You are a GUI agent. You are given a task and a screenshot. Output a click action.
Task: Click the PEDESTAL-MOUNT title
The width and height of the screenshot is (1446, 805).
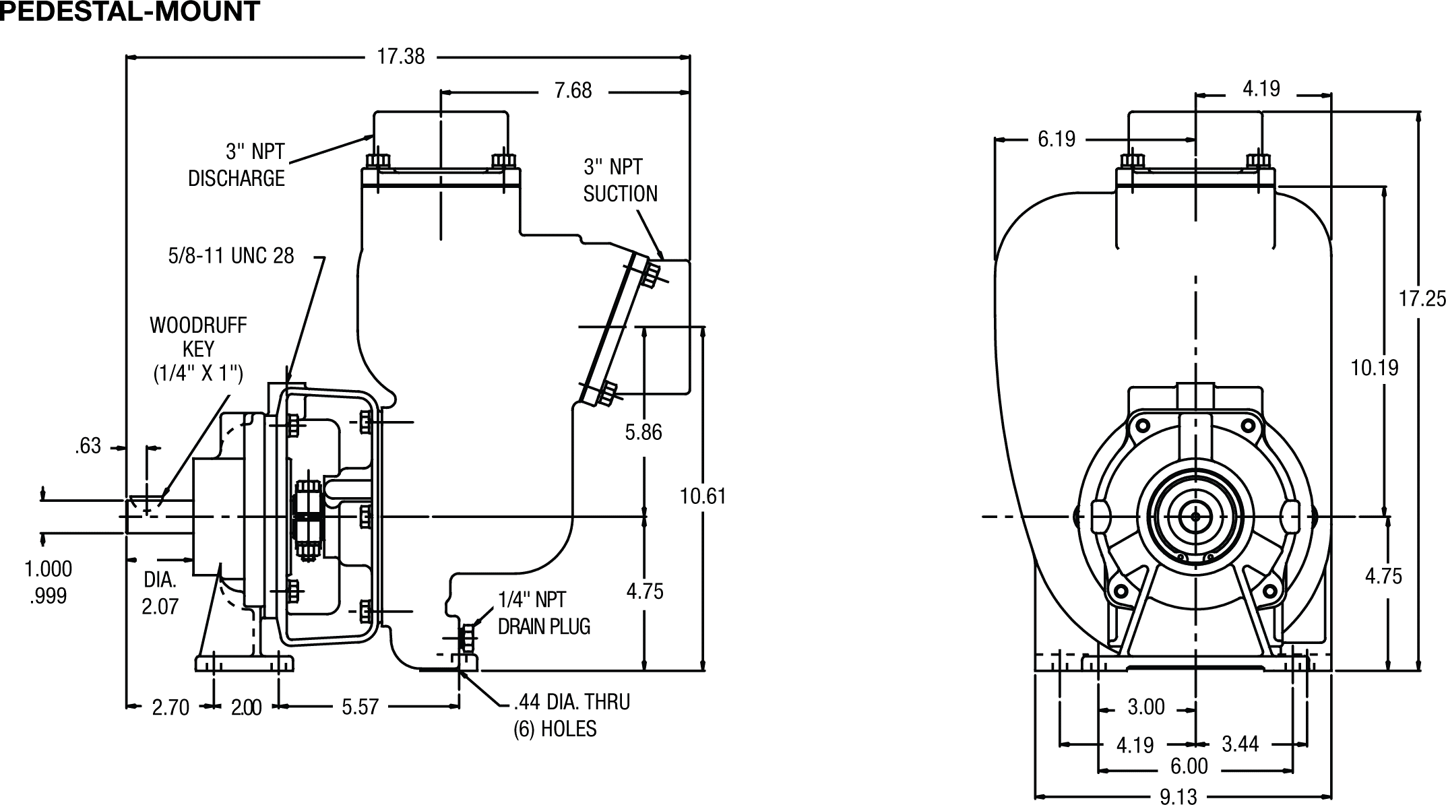129,11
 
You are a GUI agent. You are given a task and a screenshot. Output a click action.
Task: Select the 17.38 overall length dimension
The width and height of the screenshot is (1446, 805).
401,57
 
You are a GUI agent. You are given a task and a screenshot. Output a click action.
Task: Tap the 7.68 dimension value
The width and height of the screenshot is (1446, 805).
573,90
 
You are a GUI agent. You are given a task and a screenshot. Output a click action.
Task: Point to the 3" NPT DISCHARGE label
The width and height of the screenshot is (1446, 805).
237,165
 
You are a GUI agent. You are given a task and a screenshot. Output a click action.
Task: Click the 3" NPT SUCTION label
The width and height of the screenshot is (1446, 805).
620,181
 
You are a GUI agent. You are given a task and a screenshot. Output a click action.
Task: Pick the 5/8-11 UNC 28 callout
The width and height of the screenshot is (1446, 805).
231,256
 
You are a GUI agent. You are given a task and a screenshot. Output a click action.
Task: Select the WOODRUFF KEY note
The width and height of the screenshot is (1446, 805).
198,350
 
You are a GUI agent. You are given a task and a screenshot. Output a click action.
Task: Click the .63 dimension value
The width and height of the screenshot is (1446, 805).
88,446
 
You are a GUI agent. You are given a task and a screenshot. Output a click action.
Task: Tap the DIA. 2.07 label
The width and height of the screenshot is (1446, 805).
160,593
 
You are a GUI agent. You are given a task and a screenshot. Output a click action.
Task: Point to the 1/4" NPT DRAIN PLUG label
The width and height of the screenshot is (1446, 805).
544,613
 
